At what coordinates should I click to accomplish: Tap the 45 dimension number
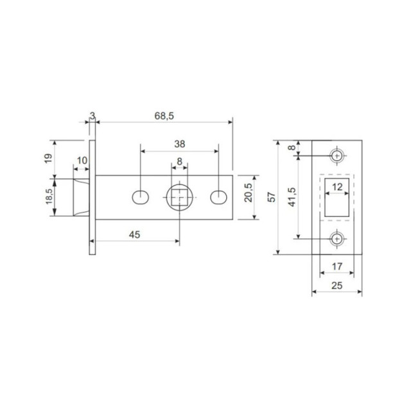(134, 234)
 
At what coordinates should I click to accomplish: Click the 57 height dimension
(272, 198)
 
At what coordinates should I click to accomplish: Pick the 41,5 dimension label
(292, 197)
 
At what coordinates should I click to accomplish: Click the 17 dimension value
(337, 265)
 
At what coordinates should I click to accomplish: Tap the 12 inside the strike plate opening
(337, 187)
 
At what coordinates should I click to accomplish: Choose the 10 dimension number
(82, 161)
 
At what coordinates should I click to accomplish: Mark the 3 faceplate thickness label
(92, 116)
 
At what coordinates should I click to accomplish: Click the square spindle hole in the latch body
(179, 197)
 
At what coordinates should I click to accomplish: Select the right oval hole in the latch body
(220, 197)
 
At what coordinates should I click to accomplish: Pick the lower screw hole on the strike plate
(337, 239)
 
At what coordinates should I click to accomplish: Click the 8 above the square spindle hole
(179, 161)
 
